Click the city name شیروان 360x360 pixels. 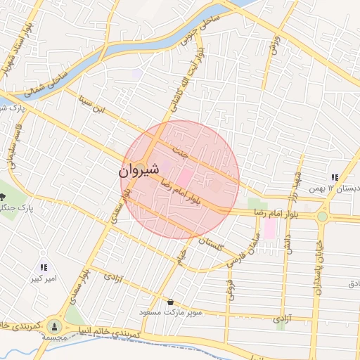click(134, 170)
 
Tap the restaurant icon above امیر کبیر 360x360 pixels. click(44, 267)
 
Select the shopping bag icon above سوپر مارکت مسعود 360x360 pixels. click(170, 302)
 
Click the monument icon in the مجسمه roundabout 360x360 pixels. click(54, 326)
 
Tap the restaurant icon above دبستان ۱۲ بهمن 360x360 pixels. click(335, 177)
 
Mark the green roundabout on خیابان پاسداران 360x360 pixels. click(322, 217)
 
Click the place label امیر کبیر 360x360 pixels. click(44, 279)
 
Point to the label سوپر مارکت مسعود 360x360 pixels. click(170, 312)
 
